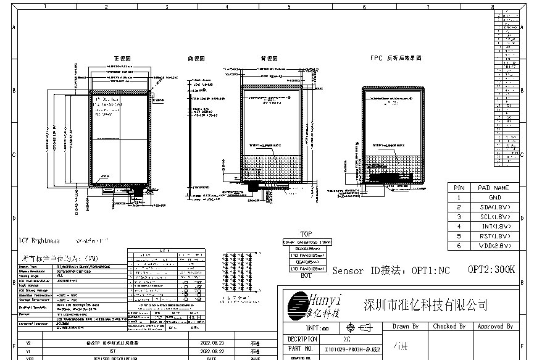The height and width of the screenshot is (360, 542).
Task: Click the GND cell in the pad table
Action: [x=494, y=197]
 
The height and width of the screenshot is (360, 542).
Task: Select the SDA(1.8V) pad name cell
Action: [x=494, y=207]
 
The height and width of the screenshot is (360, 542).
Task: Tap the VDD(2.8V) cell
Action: [x=494, y=245]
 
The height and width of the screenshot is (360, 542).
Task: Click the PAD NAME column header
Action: [x=494, y=187]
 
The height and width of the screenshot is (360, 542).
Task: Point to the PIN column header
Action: [x=459, y=187]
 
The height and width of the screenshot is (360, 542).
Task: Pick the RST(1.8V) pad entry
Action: [x=494, y=236]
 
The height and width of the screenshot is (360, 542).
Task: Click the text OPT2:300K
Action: [x=491, y=270]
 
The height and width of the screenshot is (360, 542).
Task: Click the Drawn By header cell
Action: [x=406, y=326]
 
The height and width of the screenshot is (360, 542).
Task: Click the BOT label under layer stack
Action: [x=306, y=275]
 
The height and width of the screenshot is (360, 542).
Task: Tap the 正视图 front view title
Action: [x=122, y=58]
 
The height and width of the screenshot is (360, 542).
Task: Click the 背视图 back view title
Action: [x=268, y=58]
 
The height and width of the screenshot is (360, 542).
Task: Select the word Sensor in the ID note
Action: [x=349, y=270]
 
